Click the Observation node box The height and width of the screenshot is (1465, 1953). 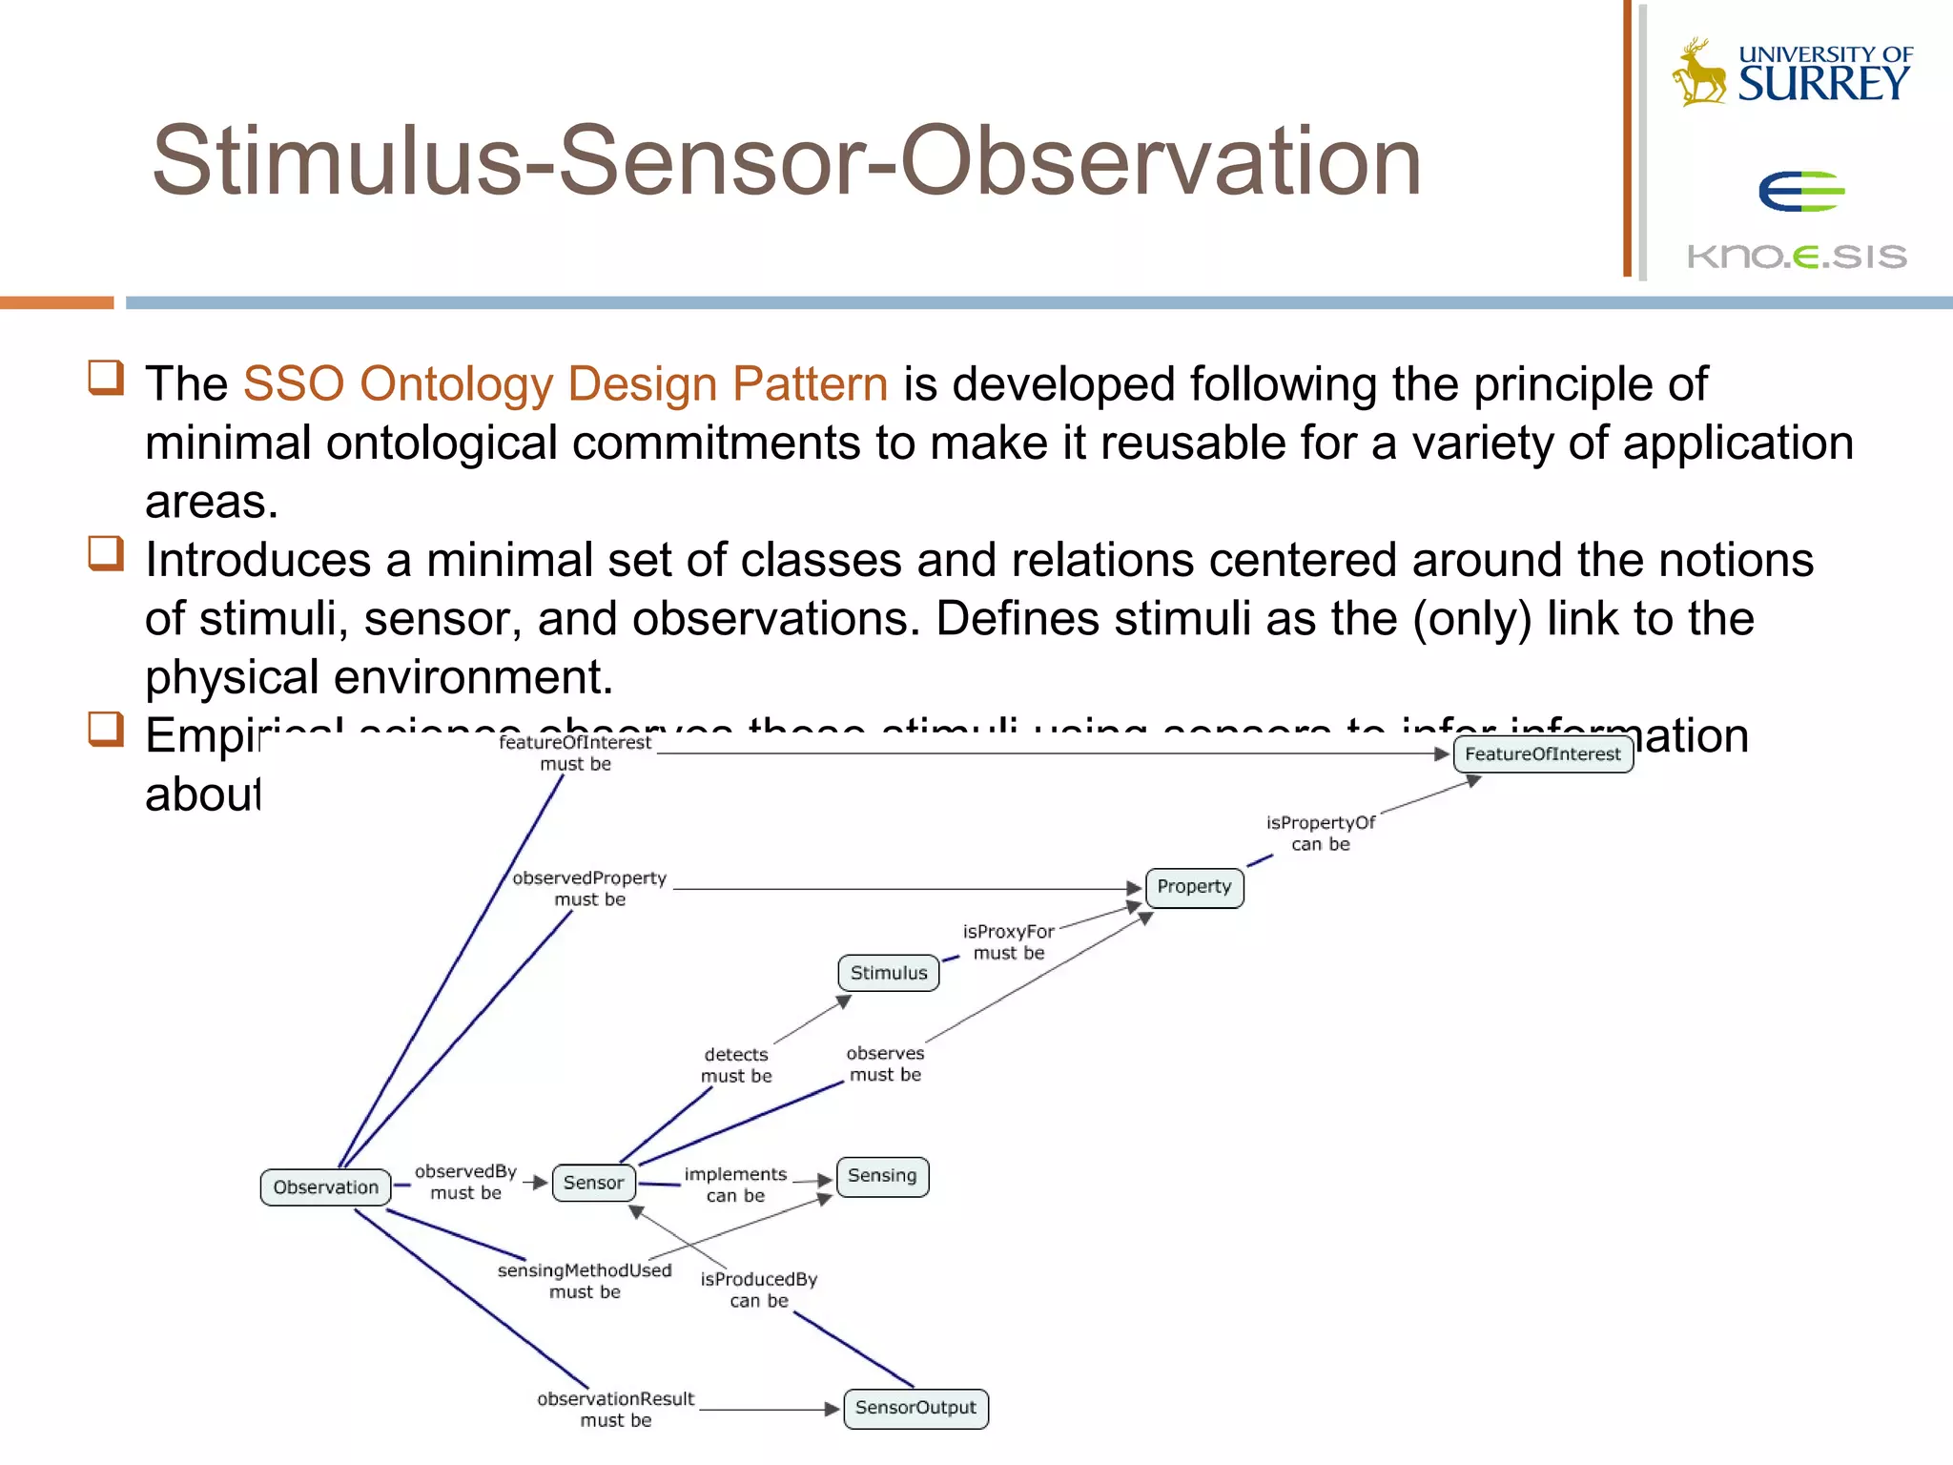pos(325,1187)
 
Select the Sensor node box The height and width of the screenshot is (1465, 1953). pos(593,1183)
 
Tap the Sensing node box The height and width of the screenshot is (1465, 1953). pos(882,1176)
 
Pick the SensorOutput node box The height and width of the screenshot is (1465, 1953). pos(915,1408)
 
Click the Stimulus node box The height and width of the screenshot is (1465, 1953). pos(889,973)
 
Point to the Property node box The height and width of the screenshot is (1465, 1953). pos(1194,887)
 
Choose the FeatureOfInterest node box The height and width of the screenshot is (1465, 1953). pos(1542,754)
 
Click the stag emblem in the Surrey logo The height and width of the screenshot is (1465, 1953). pos(1699,72)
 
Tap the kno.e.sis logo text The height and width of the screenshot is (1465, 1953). pos(1797,256)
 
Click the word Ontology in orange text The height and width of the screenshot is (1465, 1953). pos(456,384)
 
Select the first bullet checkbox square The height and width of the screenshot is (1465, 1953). pos(106,378)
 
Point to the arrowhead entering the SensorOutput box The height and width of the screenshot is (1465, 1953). pos(833,1409)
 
